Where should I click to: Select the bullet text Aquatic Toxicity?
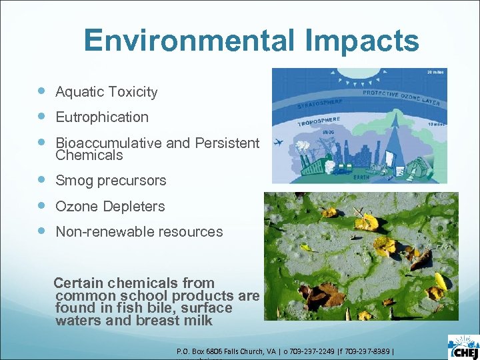[107, 92]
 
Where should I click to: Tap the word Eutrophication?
[102, 117]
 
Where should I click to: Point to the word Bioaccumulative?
[107, 143]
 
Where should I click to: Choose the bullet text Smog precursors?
[111, 181]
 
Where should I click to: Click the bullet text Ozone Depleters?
[110, 207]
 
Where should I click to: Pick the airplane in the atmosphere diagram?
[279, 142]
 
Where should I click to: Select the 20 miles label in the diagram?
[436, 73]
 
